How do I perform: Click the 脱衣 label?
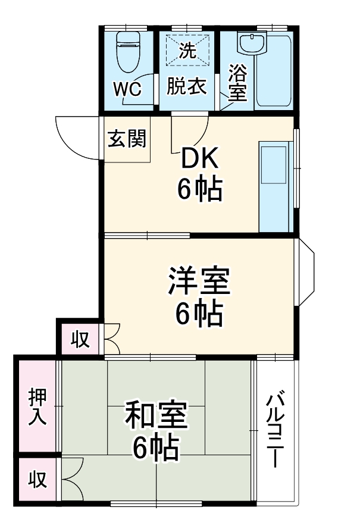tap(186, 86)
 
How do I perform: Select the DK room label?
tap(200, 159)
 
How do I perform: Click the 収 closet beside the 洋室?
tap(80, 339)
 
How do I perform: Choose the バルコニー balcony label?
tap(274, 429)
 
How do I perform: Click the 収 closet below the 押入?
tap(37, 480)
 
